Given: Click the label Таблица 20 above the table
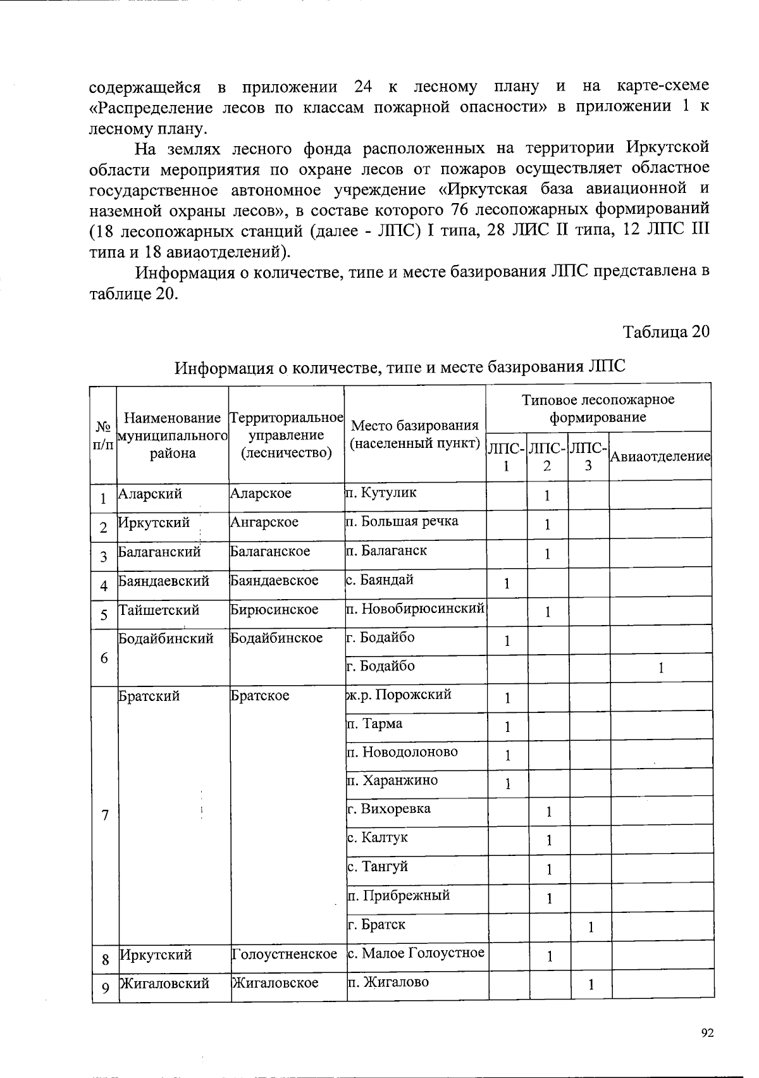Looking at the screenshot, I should click(x=666, y=332).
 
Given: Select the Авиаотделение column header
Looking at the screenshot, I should click(x=660, y=456).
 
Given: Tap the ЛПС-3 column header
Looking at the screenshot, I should click(x=588, y=456).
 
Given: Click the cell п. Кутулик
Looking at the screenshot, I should click(x=381, y=493).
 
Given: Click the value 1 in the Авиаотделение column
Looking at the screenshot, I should click(x=660, y=668).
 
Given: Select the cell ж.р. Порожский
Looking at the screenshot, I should click(x=399, y=695).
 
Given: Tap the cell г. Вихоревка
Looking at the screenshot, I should click(x=390, y=808).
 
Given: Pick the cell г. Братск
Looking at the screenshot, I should click(x=377, y=924).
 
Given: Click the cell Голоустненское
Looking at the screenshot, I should click(x=285, y=953).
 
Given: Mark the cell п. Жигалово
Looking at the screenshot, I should click(x=388, y=982).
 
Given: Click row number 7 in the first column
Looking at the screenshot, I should click(x=104, y=815).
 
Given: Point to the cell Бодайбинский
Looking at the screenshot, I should click(x=166, y=638).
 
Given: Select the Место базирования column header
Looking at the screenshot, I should click(x=415, y=434).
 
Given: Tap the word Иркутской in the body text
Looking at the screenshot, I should click(x=667, y=148).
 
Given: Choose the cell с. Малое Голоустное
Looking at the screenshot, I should click(x=416, y=953).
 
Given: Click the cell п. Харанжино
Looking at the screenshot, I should click(x=393, y=780).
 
